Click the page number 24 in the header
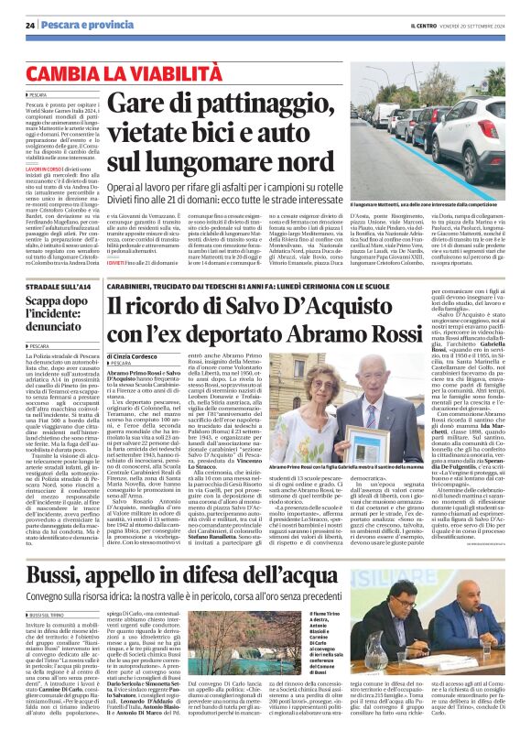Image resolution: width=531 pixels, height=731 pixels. tap(30, 24)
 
